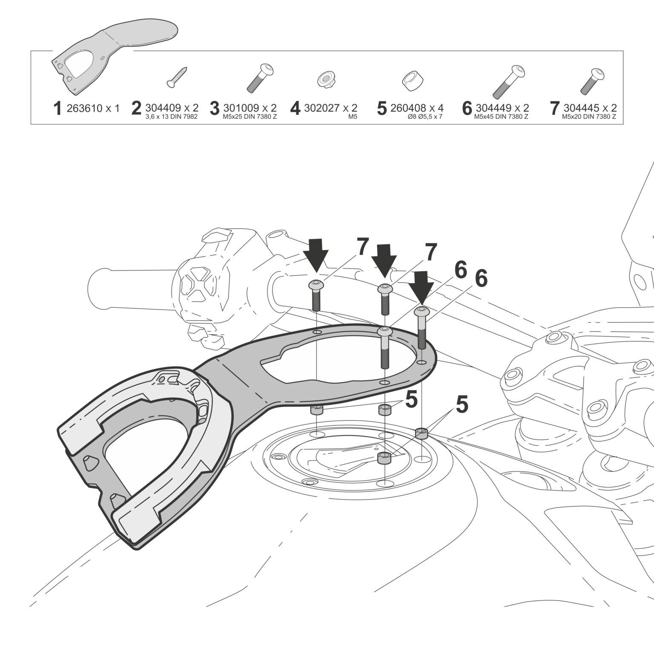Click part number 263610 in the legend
click(x=85, y=108)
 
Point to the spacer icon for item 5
click(x=411, y=80)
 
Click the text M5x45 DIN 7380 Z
click(x=501, y=117)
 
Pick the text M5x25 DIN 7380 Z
click(x=250, y=117)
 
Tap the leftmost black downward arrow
click(x=316, y=255)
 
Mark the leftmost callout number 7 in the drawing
click(x=361, y=247)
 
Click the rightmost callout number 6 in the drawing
click(x=481, y=279)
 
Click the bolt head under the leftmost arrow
click(x=316, y=285)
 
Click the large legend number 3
click(x=215, y=109)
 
